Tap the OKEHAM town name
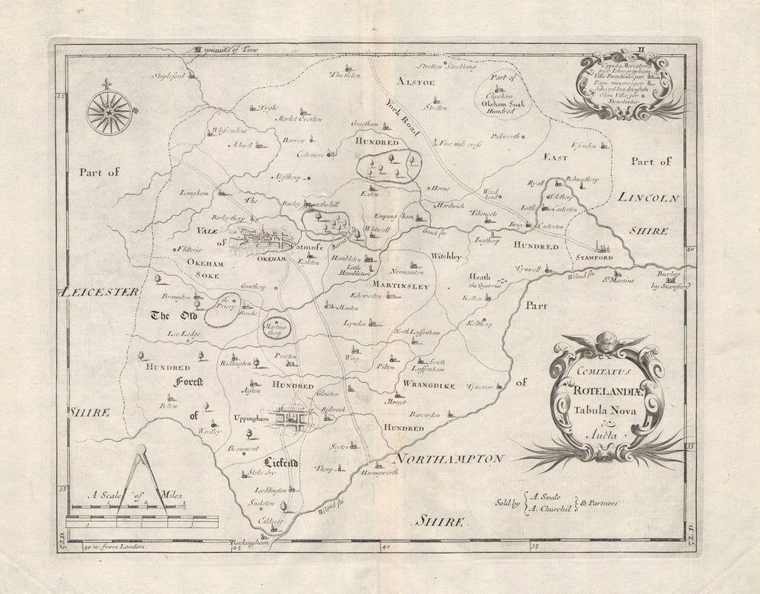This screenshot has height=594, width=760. (271, 259)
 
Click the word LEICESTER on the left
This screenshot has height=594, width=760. (101, 291)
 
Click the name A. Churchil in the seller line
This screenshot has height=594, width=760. (551, 509)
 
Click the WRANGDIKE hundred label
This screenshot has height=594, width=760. (429, 386)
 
